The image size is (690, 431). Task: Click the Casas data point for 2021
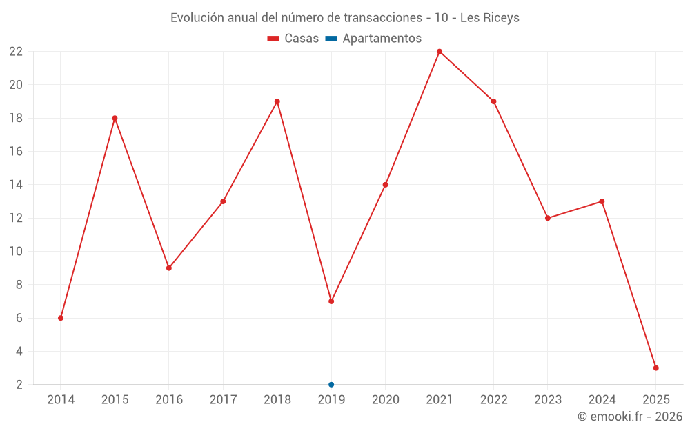(440, 52)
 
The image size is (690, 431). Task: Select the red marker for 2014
(61, 318)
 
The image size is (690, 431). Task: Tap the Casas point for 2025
(656, 368)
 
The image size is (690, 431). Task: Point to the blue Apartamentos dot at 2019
(331, 385)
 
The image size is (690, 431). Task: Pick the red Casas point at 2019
(331, 301)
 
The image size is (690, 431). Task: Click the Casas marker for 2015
(115, 118)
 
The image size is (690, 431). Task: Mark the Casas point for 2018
(277, 101)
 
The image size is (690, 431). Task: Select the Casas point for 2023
(548, 218)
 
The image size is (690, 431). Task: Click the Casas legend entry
(293, 39)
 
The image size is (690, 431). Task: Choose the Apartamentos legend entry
(373, 39)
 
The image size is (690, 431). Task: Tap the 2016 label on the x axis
(169, 399)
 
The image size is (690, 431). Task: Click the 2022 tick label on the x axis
(493, 399)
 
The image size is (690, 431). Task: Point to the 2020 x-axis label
(386, 399)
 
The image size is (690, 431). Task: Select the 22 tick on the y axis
(16, 52)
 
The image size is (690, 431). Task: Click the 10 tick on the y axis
(16, 251)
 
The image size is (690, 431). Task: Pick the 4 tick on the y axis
(19, 351)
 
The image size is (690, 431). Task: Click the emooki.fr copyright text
(630, 417)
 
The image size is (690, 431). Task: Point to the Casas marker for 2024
(602, 201)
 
